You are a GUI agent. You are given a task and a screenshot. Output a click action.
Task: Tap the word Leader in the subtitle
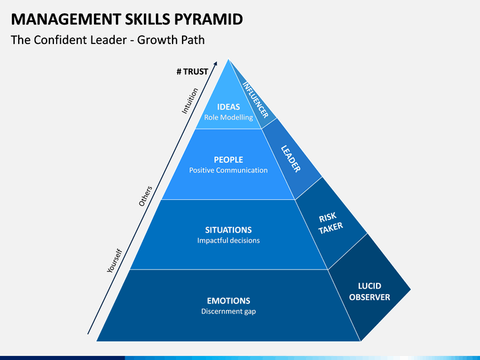point(107,40)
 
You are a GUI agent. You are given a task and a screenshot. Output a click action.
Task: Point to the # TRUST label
point(193,71)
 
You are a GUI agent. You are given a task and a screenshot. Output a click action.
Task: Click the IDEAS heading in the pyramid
point(229,107)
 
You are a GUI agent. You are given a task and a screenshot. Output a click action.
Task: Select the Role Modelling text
point(229,117)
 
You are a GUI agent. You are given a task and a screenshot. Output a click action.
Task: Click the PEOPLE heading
point(228,160)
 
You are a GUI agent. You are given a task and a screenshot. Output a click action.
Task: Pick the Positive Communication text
point(228,170)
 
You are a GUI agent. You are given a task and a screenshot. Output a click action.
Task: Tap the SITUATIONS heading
point(228,230)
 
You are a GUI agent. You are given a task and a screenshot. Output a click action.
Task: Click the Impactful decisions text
point(228,241)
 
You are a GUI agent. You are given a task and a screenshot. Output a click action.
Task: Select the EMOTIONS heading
point(228,301)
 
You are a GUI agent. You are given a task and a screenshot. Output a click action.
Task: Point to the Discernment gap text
point(228,311)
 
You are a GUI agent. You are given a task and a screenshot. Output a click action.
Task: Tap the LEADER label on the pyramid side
point(291,159)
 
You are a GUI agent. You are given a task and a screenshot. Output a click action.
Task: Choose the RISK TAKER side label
point(330,223)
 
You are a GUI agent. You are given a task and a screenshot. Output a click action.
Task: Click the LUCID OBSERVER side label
point(369,291)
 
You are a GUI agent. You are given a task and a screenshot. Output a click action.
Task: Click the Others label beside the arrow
point(146,195)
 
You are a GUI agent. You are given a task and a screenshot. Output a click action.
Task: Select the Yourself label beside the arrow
point(115,261)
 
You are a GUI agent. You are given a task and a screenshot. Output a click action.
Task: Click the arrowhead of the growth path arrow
point(224,65)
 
